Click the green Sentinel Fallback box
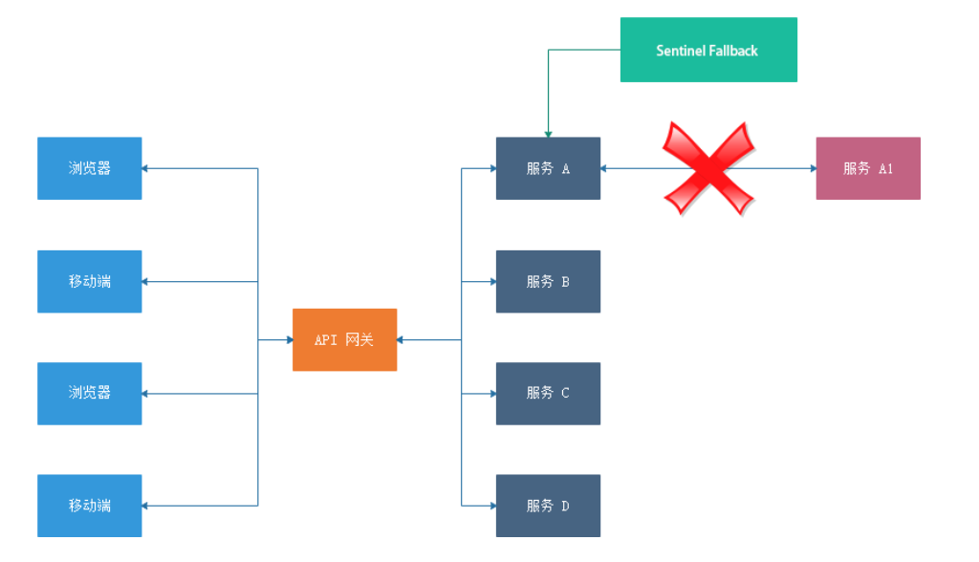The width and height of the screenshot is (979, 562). click(708, 50)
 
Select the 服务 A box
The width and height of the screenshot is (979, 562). click(548, 168)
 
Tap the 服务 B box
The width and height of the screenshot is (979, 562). click(548, 281)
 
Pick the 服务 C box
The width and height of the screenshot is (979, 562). click(548, 393)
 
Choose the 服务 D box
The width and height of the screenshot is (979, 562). click(548, 506)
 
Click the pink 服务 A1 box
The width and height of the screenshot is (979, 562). click(867, 168)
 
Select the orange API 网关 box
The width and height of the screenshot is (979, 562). click(344, 339)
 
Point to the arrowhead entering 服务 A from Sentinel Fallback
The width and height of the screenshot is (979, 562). click(548, 133)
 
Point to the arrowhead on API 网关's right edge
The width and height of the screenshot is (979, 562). click(402, 339)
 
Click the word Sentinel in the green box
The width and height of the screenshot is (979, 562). click(680, 51)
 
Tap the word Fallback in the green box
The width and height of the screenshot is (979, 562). click(733, 51)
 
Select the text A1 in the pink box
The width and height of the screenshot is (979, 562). click(885, 169)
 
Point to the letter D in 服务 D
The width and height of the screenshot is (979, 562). click(565, 506)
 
